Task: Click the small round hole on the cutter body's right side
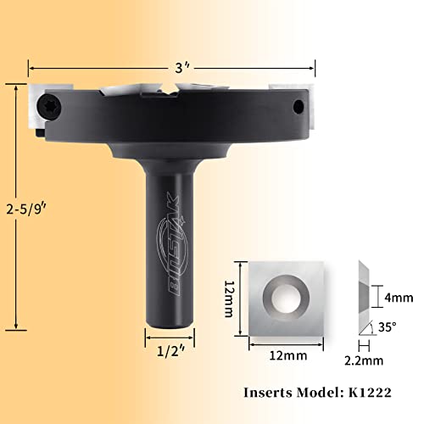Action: pyautogui.click(x=298, y=105)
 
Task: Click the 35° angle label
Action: pyautogui.click(x=388, y=323)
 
